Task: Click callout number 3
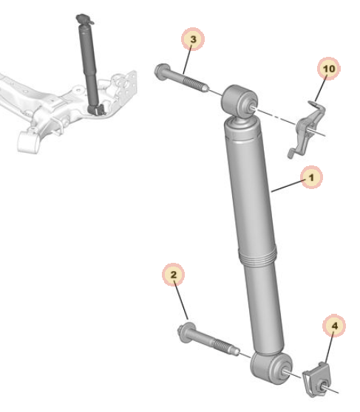tap(193, 39)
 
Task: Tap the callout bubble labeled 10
tap(329, 69)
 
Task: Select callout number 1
tap(311, 177)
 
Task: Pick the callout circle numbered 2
tap(174, 275)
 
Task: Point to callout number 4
tap(334, 326)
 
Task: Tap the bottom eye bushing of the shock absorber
tap(271, 368)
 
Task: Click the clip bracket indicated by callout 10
tap(307, 128)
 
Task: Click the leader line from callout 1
tap(288, 185)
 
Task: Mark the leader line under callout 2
tap(181, 301)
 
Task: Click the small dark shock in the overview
tap(90, 64)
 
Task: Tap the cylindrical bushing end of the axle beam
tap(28, 141)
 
